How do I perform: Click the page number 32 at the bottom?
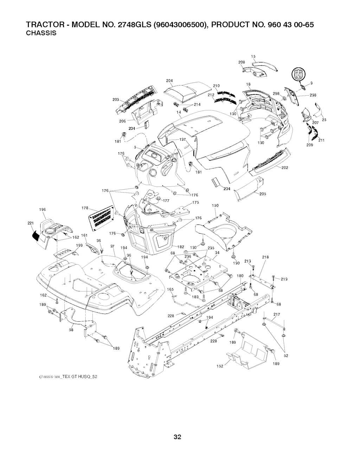177,447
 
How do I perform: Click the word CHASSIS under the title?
41,34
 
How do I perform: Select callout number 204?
169,81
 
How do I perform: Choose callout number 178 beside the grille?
84,208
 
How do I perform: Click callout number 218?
265,257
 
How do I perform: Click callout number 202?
285,167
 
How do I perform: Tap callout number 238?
314,95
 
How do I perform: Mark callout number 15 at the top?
253,57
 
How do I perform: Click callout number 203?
115,100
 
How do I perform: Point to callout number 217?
276,314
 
